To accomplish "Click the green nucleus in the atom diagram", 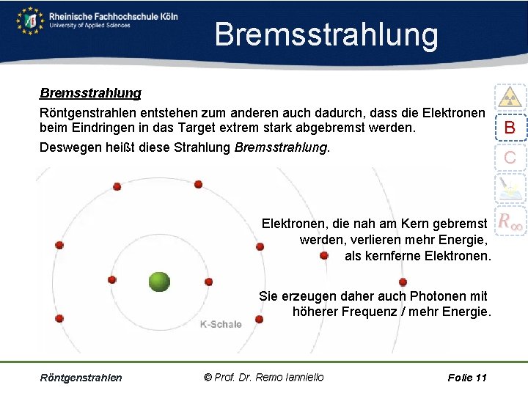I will [x=159, y=281].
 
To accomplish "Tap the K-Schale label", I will [x=221, y=324].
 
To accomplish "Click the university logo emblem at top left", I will [x=30, y=20].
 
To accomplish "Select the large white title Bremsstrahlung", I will [x=326, y=34].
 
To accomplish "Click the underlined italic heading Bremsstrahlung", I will [x=90, y=94].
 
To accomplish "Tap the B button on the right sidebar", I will [x=510, y=128].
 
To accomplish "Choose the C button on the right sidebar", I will [x=510, y=157].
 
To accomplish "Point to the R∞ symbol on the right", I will [x=510, y=220].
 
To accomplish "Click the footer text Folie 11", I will [x=467, y=378].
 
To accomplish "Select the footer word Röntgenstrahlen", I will [x=81, y=378].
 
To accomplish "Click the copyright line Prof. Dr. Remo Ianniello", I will [x=263, y=377].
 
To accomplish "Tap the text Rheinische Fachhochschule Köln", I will [x=113, y=15].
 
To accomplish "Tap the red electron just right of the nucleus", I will [x=208, y=282].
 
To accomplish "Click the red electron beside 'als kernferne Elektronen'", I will [x=323, y=256].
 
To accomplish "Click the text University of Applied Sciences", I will [x=89, y=26].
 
